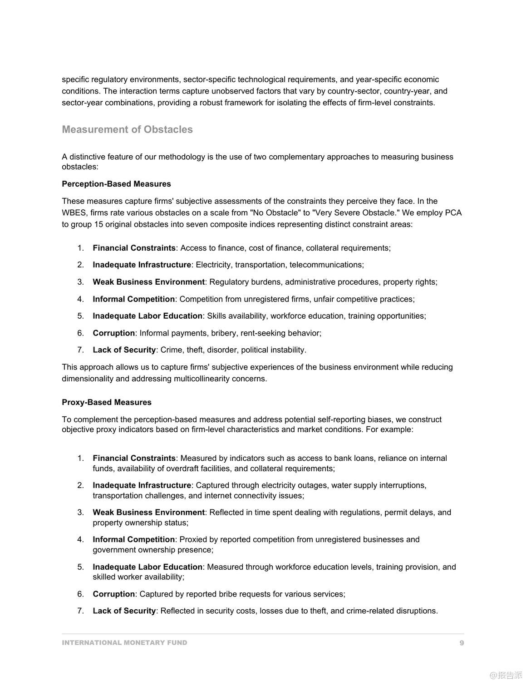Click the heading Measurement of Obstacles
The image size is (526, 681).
pos(127,129)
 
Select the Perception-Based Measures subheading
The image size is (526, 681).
pos(116,184)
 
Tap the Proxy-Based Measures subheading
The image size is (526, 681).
pos(107,402)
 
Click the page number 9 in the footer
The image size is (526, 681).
pos(462,643)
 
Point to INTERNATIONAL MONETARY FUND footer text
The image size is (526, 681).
pos(124,643)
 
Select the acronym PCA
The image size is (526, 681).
pos(453,212)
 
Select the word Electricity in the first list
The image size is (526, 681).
pos(213,265)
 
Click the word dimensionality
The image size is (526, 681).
pos(88,379)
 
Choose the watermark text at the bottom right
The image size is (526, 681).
pos(506,675)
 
